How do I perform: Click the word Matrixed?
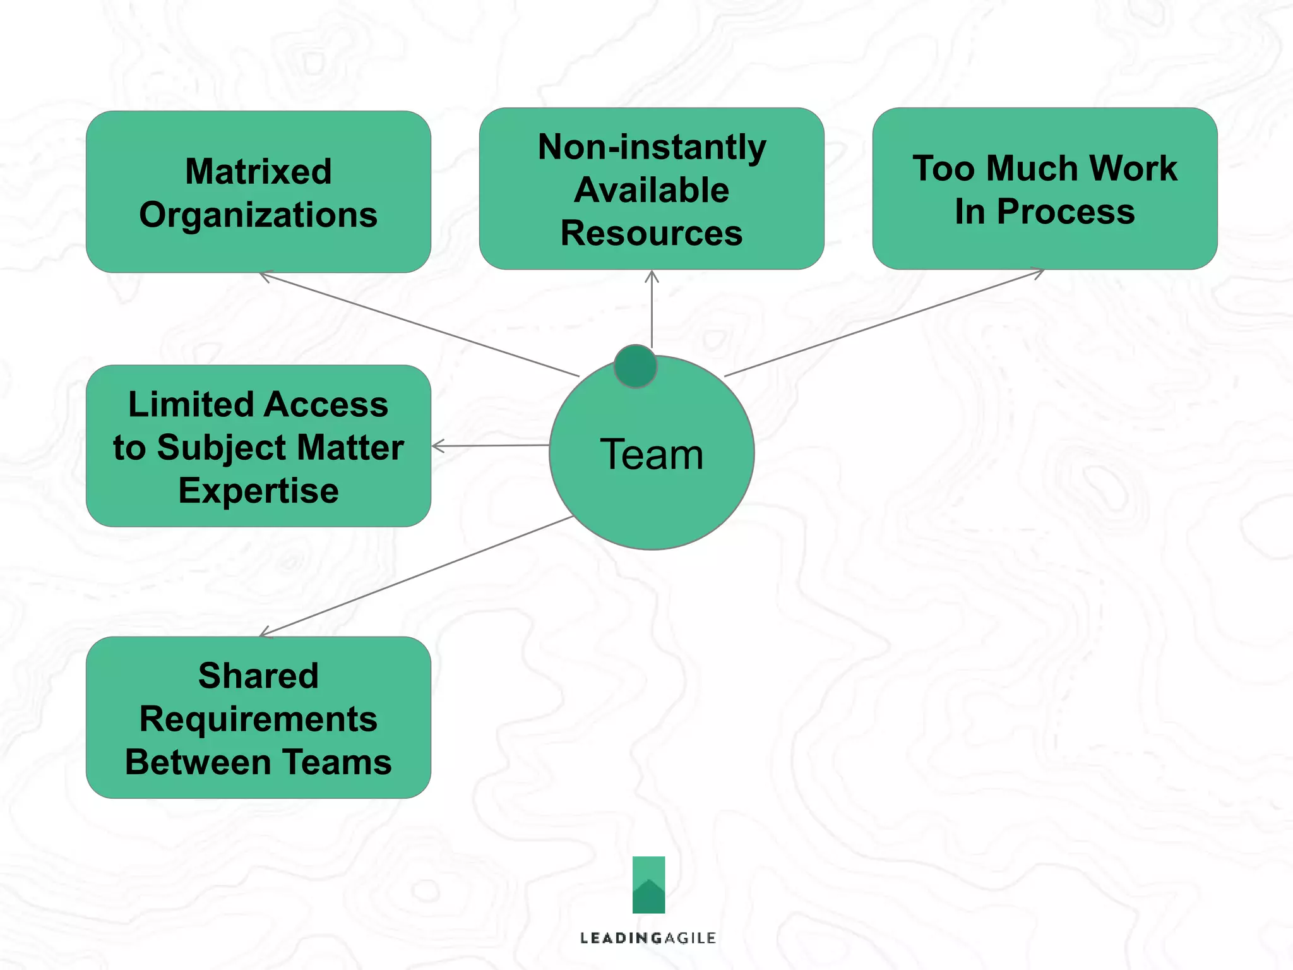258,172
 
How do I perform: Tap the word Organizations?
258,215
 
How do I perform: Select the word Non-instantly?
652,148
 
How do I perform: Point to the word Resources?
652,233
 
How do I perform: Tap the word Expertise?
258,491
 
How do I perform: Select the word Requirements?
258,719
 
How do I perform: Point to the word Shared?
258,676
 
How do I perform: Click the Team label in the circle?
652,454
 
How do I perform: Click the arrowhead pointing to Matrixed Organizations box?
263,275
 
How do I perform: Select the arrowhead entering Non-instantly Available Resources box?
652,275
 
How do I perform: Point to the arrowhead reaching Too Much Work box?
1039,272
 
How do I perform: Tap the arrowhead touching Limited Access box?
436,446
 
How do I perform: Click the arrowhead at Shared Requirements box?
264,633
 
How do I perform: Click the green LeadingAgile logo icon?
648,885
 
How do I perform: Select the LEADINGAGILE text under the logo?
648,938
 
